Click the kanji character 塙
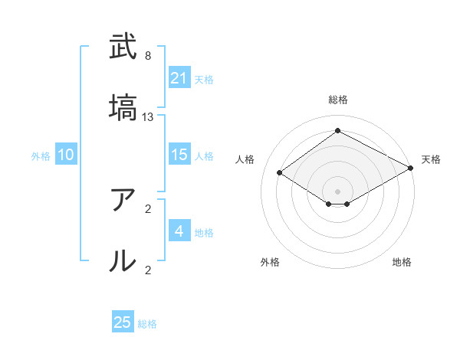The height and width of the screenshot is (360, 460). [123, 108]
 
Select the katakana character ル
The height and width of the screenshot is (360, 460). [123, 260]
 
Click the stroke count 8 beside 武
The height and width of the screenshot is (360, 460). [148, 56]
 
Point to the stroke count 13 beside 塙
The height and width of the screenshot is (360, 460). [148, 117]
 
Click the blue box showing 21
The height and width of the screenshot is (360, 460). [179, 77]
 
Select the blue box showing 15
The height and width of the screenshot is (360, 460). [179, 155]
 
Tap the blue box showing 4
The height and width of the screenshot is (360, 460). [179, 231]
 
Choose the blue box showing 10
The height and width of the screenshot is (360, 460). [66, 155]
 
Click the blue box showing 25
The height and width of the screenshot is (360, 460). [123, 322]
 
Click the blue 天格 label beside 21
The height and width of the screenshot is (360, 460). [204, 79]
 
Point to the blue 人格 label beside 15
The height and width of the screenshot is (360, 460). [204, 155]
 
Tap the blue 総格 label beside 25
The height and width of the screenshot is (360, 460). [147, 324]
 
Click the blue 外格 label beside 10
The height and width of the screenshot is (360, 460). [41, 155]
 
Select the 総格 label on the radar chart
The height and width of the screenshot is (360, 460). [337, 100]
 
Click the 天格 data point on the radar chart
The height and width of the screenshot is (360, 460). [411, 169]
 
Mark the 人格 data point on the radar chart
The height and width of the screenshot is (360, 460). [280, 173]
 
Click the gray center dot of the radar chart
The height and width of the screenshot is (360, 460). [337, 191]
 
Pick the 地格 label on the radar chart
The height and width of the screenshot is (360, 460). [402, 263]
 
